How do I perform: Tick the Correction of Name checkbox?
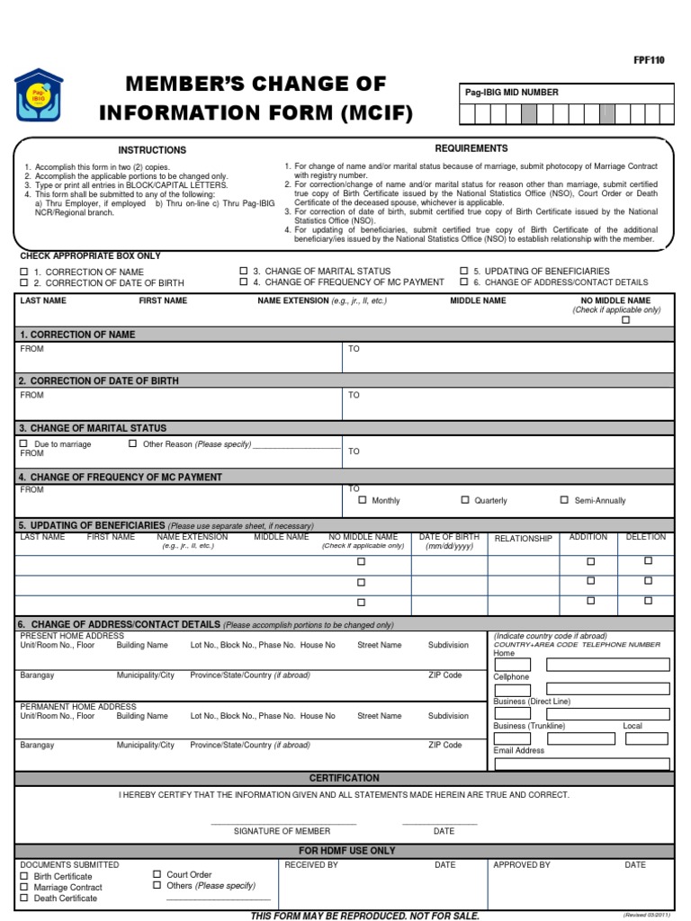point(24,271)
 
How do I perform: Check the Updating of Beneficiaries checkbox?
point(464,271)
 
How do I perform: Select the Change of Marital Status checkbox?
point(243,271)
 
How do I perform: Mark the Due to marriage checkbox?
point(24,443)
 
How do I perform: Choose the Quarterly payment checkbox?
point(465,499)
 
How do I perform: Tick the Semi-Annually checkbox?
point(564,499)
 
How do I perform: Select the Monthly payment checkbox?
point(363,499)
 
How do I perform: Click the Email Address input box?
point(581,764)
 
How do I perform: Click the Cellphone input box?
point(581,689)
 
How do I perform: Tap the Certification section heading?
point(345,778)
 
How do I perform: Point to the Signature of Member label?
point(282,831)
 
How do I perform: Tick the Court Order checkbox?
point(157,874)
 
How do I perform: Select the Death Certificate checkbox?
point(24,898)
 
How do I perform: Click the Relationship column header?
point(523,539)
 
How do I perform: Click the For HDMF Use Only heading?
point(346,850)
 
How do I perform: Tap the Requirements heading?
point(471,148)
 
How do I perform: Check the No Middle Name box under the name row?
point(625,319)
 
